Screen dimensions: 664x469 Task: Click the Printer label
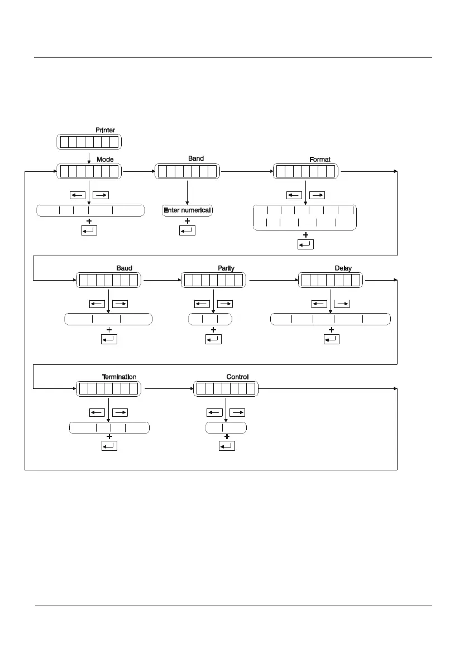tap(105, 130)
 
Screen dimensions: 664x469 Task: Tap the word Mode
tap(105, 159)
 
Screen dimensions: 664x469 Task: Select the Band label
tap(196, 158)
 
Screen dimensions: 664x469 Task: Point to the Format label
tap(320, 159)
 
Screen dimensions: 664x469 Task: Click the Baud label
tap(124, 268)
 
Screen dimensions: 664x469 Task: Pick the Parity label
tap(226, 268)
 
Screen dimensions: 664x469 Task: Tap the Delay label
tap(343, 268)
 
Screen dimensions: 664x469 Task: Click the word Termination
tap(119, 377)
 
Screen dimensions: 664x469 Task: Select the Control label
tap(237, 377)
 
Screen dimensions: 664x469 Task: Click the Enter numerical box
tap(188, 210)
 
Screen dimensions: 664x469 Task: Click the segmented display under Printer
tap(89, 142)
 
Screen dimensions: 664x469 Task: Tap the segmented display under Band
tap(186, 171)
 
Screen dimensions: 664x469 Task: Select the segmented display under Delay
tap(331, 281)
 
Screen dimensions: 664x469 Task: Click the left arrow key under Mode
tap(77, 195)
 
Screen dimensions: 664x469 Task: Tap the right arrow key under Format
tap(317, 195)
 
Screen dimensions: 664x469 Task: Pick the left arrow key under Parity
tap(202, 304)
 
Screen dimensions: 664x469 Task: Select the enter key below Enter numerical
tap(187, 230)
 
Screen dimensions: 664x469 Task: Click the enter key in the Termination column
tap(109, 446)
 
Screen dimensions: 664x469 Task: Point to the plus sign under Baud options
tap(109, 330)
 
